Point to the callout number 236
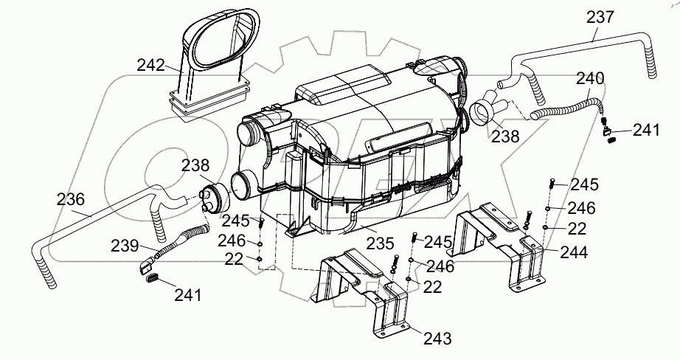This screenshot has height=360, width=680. (70, 199)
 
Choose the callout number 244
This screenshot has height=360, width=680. (573, 252)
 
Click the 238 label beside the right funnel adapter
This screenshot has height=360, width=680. (506, 136)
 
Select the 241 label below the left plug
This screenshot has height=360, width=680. (189, 295)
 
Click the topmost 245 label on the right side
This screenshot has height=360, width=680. (584, 184)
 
